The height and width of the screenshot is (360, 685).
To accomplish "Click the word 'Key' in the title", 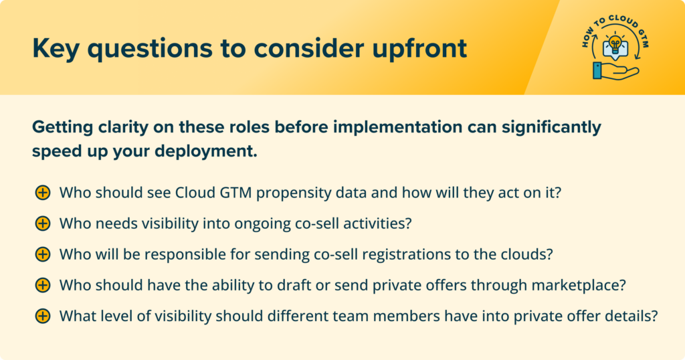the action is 56,48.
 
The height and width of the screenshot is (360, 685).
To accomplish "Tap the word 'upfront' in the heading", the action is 419,48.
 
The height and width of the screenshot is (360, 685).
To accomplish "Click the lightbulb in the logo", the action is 615,45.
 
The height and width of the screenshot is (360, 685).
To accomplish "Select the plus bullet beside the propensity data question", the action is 42,192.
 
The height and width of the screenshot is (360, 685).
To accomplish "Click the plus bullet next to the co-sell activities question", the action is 42,223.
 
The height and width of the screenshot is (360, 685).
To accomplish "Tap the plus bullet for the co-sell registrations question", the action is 42,254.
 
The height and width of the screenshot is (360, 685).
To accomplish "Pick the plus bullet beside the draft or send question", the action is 42,285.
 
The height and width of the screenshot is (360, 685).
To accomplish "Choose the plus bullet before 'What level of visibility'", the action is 42,316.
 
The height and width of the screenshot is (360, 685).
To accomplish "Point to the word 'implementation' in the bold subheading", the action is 398,128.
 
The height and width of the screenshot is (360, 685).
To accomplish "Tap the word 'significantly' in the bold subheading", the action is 551,128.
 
